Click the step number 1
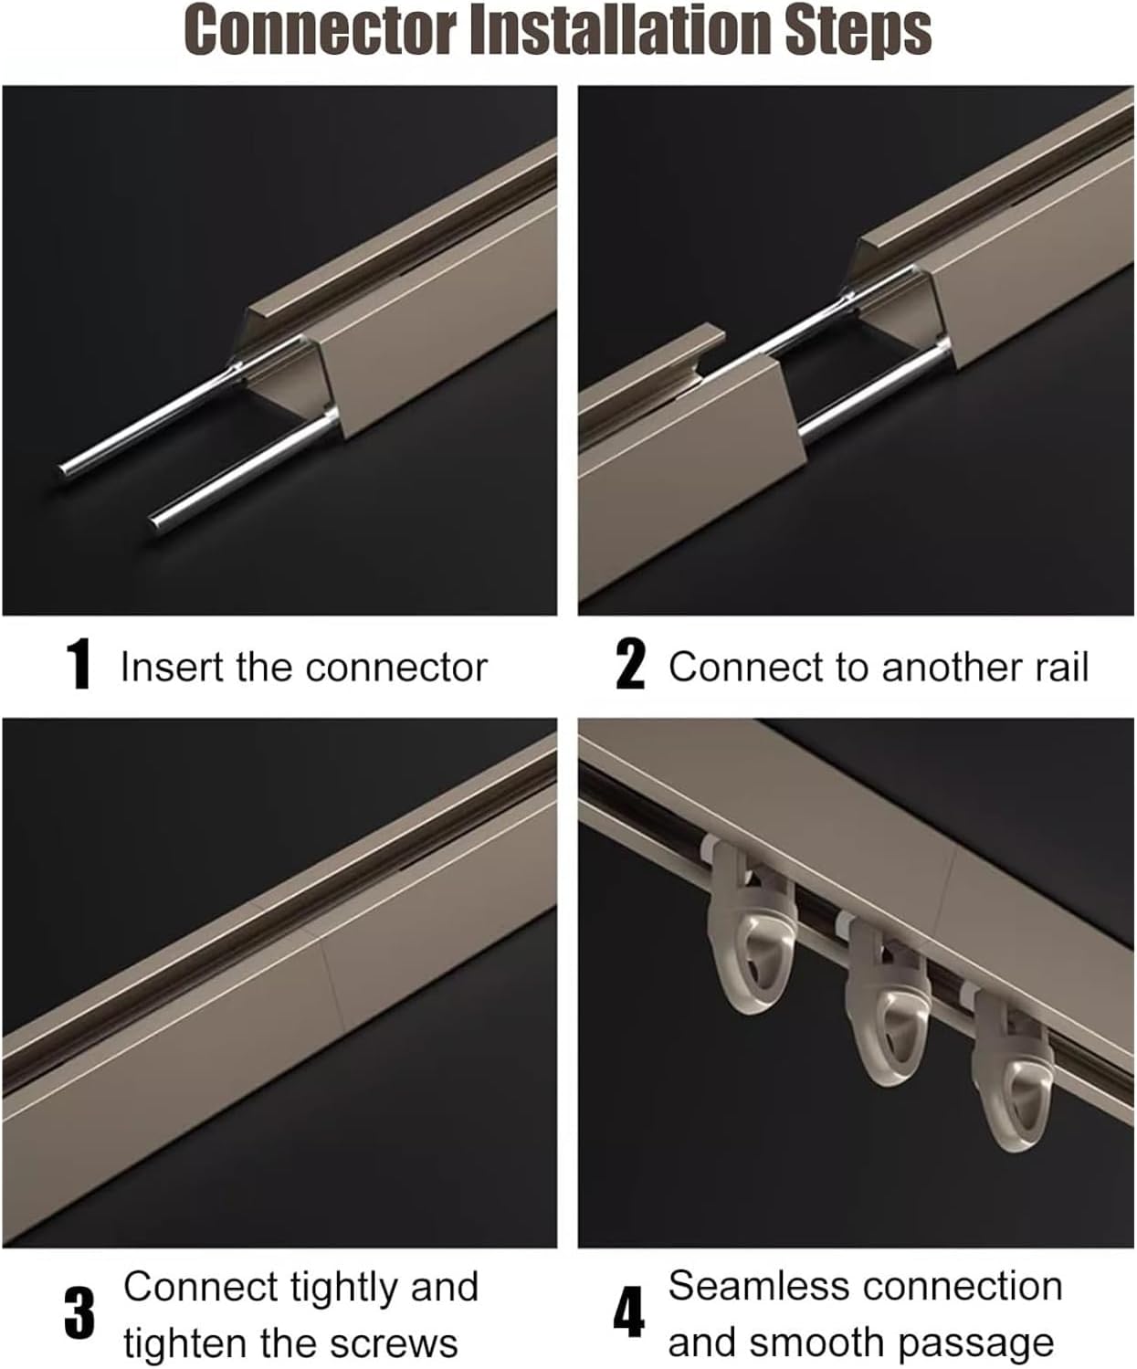80,666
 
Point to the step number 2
630,666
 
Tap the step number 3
80,1314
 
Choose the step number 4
628,1314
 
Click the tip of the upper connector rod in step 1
66,470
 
